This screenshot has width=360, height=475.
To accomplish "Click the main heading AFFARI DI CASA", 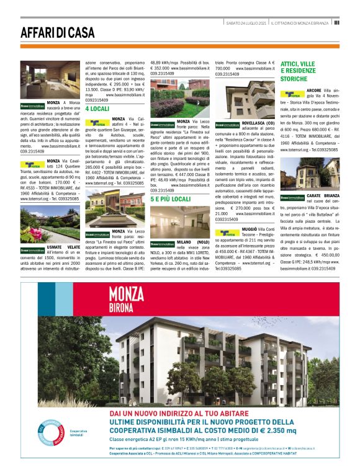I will (x=56, y=33).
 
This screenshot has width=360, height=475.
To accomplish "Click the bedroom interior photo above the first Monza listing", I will (x=42, y=79).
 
